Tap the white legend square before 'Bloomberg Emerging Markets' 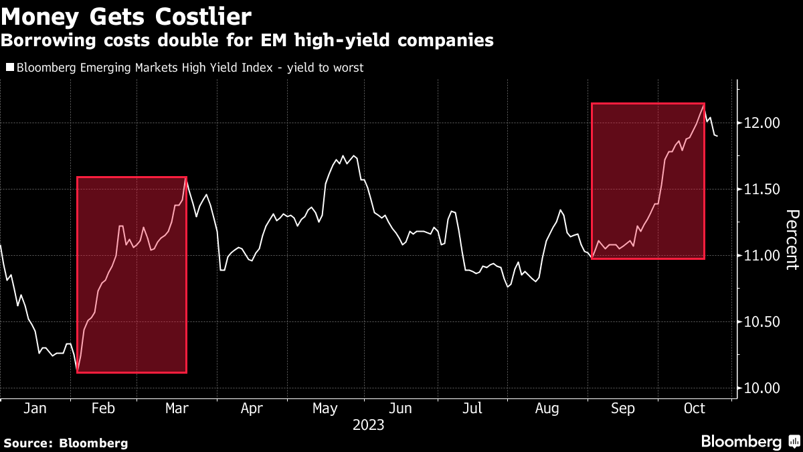point(9,68)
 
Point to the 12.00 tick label point(762,123)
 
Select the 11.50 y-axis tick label point(762,190)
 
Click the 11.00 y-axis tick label point(762,256)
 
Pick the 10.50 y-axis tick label point(762,322)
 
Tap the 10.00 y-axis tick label point(762,388)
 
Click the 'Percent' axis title point(792,239)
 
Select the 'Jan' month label point(34,408)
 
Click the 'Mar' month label point(177,408)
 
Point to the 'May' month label point(325,408)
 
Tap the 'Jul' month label point(472,408)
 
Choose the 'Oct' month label point(695,408)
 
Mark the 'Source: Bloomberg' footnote point(65,443)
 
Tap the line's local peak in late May point(344,156)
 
